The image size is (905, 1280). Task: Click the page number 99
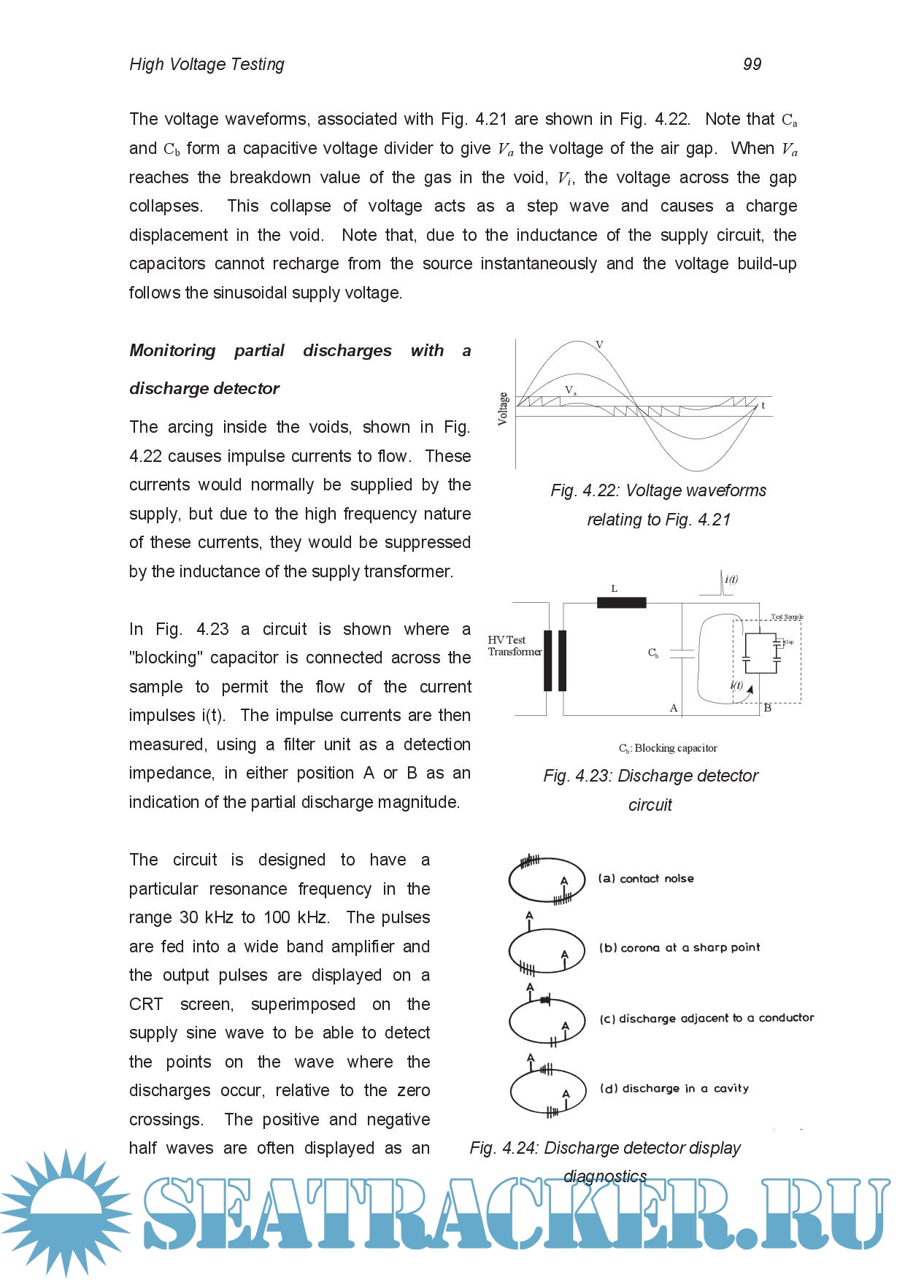coord(752,64)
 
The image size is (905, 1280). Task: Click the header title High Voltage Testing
coord(207,64)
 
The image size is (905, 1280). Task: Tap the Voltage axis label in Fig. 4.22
coord(503,409)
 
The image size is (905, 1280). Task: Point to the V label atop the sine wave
coord(599,344)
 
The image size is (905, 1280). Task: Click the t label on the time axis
coord(763,406)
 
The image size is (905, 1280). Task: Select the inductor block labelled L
coord(621,602)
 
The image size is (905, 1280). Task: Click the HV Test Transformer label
coord(514,646)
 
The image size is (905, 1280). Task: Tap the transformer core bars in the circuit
coord(555,660)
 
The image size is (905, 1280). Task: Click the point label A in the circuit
coord(674,708)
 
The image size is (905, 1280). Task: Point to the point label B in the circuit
coord(767,708)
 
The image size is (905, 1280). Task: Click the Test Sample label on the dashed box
coord(787,617)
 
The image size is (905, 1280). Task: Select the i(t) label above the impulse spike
coord(731,579)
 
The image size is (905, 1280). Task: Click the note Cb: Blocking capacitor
coord(668,748)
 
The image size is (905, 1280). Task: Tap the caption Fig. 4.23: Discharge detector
coord(650,776)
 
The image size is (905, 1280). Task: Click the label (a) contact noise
coord(646,879)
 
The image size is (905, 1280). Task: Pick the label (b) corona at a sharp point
coord(679,948)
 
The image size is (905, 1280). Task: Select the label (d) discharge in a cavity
coord(674,1089)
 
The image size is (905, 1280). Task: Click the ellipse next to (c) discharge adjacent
coord(547,1021)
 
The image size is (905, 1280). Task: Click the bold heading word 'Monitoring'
coord(172,350)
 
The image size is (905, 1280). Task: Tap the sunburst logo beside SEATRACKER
coord(66,1211)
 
